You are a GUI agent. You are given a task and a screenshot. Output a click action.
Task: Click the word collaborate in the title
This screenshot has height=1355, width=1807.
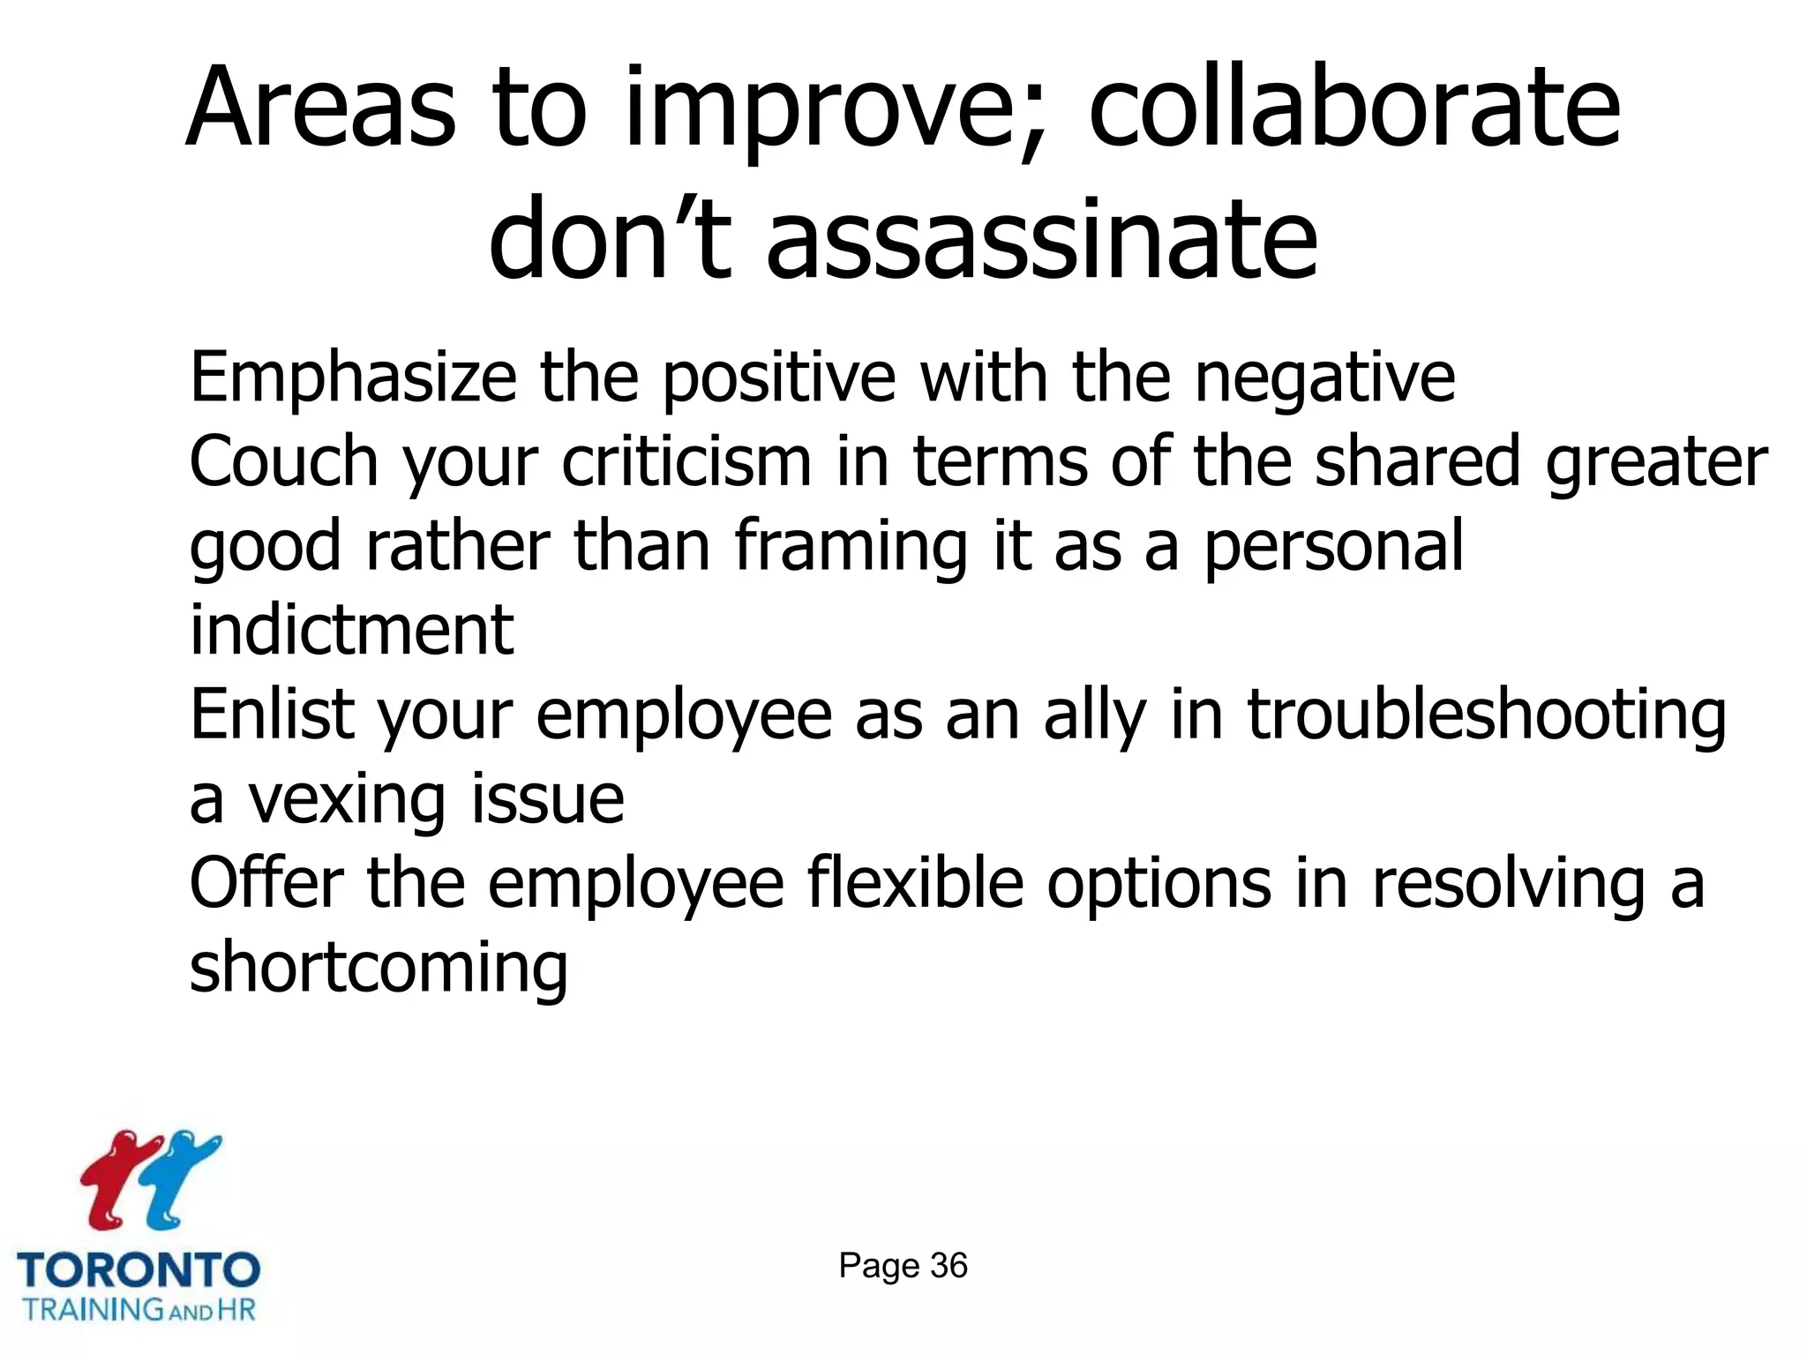1354,110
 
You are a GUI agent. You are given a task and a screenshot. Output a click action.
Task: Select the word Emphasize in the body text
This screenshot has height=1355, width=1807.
353,378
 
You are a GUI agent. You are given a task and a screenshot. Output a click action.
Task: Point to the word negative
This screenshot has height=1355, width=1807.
1324,378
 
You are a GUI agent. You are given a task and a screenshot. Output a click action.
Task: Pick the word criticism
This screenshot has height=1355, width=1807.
686,461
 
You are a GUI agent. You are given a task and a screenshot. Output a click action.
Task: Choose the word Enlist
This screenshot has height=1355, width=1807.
272,714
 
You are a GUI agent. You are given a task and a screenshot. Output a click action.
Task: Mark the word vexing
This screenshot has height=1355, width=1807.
346,798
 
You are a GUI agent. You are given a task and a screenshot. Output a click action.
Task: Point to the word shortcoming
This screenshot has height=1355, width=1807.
379,967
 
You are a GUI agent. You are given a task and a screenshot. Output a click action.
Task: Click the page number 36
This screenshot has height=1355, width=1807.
948,1266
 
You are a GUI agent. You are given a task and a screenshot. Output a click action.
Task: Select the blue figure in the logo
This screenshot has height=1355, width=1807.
176,1178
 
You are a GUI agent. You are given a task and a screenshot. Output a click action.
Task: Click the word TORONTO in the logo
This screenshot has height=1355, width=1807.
139,1271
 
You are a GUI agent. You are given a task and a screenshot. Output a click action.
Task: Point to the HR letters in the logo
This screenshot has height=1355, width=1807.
236,1309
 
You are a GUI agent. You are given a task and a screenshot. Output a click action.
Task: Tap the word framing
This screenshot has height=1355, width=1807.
851,546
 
